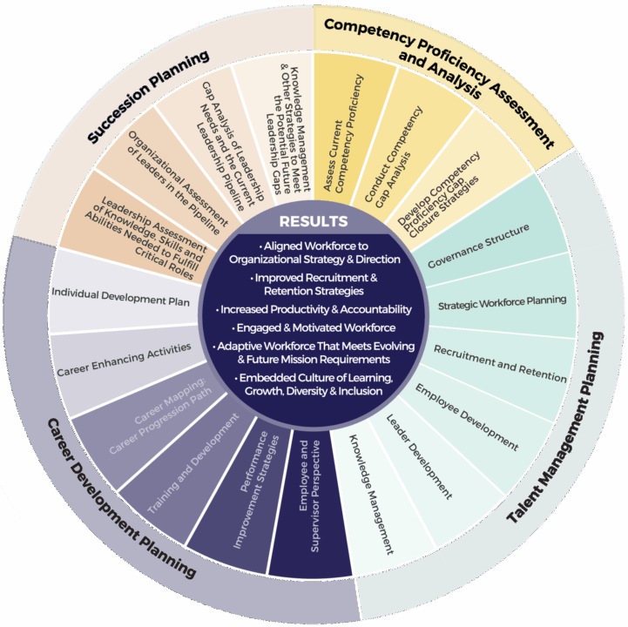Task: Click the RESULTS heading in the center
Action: coord(314,222)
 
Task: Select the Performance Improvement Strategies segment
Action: coord(255,493)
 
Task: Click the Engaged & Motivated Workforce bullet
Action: coord(314,327)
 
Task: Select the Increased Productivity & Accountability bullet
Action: coord(314,309)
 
